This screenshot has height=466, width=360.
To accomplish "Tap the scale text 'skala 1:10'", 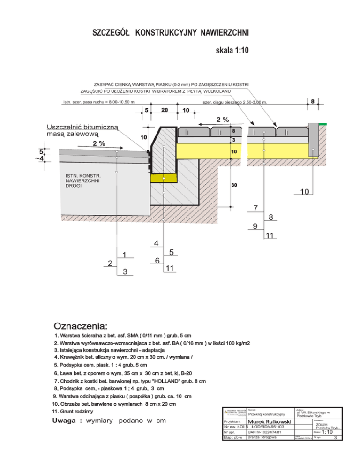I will tap(232, 50).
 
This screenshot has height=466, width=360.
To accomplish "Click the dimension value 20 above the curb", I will tap(165, 110).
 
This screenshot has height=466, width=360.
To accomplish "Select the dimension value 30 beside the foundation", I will tap(233, 186).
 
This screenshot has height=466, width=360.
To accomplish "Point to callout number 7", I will tap(255, 208).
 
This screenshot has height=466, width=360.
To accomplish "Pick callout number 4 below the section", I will tap(156, 243).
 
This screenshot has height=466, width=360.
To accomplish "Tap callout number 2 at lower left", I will tap(110, 263).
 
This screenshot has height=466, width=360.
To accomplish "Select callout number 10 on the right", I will tap(304, 191).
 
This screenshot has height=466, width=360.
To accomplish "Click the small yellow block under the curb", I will tap(164, 178).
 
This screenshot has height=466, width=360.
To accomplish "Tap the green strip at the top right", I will tap(323, 124).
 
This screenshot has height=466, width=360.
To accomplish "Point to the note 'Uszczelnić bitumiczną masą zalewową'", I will tap(83, 131).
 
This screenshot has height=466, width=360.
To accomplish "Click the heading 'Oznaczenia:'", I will tap(81, 325).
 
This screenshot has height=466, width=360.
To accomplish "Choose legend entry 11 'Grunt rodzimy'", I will tap(75, 411).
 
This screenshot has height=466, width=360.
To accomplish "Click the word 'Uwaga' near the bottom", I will tap(68, 421).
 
